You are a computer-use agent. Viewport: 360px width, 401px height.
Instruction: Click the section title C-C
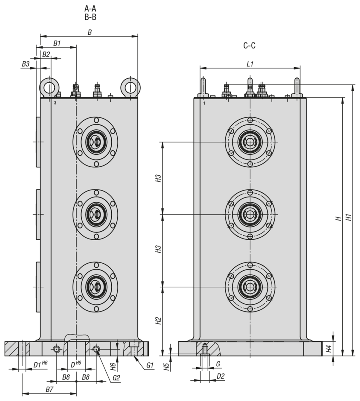click(x=249, y=46)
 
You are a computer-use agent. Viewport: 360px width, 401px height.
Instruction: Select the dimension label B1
click(x=57, y=43)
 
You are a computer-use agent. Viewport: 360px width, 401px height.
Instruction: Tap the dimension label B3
click(x=26, y=63)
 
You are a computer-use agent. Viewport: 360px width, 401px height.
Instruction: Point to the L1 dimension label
click(x=250, y=64)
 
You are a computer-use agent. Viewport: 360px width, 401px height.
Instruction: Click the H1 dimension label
click(x=349, y=217)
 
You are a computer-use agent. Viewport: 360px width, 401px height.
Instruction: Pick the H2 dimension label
click(x=158, y=321)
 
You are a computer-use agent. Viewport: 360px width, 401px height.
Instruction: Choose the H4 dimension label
click(x=329, y=349)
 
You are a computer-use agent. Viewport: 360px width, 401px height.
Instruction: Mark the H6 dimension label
click(x=114, y=367)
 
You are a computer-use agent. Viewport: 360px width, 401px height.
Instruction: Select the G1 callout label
click(x=149, y=365)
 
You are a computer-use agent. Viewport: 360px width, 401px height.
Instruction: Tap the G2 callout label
click(x=116, y=378)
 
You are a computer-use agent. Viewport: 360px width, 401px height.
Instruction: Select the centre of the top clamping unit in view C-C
click(x=250, y=142)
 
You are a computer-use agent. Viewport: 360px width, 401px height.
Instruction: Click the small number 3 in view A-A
click(x=55, y=103)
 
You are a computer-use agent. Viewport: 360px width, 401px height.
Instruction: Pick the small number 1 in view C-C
click(x=204, y=104)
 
